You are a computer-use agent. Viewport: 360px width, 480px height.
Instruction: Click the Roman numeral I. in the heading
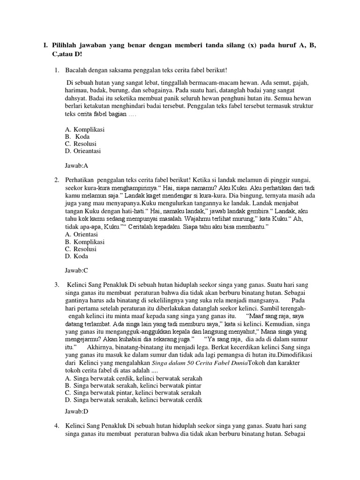[x=45, y=45]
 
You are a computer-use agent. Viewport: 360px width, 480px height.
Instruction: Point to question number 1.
[x=56, y=70]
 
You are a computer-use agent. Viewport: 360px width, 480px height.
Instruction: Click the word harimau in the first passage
[x=77, y=90]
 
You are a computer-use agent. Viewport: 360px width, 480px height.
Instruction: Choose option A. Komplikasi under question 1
[x=84, y=129]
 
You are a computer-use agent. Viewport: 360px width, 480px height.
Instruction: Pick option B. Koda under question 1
[x=78, y=136]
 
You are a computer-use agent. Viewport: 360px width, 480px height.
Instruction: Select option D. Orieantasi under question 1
[x=83, y=151]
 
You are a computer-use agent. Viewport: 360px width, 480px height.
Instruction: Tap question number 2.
[x=56, y=180]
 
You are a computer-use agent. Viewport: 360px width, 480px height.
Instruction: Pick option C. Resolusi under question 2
[x=81, y=249]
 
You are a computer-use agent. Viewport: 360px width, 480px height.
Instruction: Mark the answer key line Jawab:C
[x=76, y=271]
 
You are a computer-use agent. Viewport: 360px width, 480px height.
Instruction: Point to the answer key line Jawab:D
[x=76, y=412]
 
